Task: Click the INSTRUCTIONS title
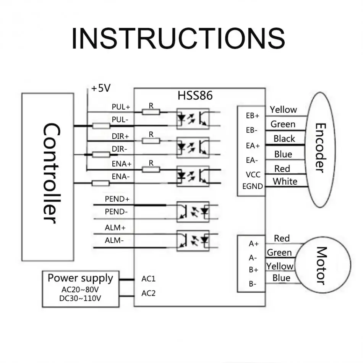178,39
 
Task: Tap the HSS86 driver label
195,96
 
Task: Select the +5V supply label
101,88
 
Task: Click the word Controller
52,173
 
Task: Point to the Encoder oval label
321,148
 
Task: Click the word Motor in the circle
322,266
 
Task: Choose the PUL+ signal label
121,107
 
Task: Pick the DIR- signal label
120,149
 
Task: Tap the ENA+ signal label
122,164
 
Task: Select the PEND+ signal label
117,199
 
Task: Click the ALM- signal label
114,240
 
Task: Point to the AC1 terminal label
148,279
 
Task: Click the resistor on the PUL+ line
151,112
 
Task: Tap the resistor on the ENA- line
101,183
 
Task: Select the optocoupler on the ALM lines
193,240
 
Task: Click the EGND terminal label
253,186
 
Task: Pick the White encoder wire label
285,181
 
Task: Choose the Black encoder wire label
284,139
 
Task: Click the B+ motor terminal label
253,270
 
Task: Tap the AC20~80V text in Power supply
80,290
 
